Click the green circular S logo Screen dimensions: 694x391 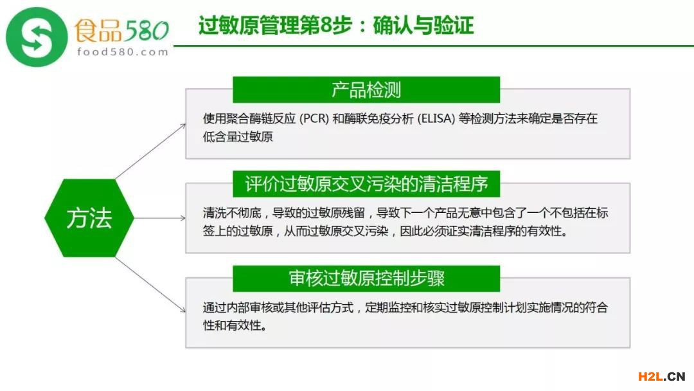click(37, 37)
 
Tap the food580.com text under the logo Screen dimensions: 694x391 click(123, 52)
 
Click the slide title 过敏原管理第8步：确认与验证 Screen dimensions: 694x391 click(336, 25)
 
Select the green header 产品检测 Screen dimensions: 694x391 click(366, 89)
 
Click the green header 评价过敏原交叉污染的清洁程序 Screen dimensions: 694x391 click(366, 184)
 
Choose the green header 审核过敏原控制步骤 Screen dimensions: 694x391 click(366, 278)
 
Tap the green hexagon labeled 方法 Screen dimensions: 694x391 click(89, 218)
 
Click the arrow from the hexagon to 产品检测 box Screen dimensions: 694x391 click(150, 151)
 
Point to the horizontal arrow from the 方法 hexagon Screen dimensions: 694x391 click(160, 218)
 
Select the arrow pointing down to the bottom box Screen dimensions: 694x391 click(150, 285)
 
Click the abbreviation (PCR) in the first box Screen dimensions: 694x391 click(314, 119)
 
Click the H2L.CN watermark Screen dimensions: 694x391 click(661, 376)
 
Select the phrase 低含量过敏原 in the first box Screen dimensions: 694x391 click(238, 137)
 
